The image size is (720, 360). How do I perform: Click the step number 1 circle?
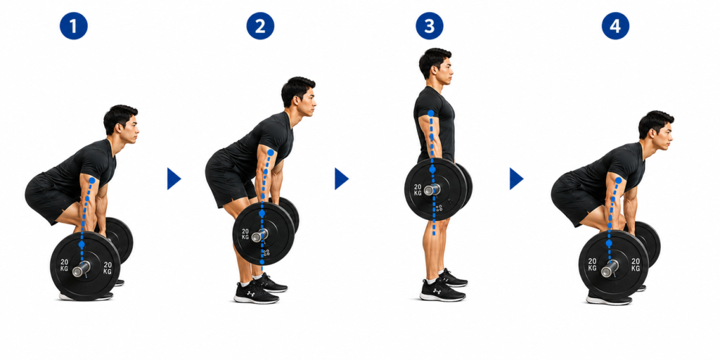[73, 26]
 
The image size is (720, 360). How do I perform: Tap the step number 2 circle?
[260, 26]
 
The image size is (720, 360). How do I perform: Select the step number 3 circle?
[430, 26]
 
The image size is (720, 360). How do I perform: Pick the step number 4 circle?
[615, 26]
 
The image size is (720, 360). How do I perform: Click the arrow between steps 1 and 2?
[173, 179]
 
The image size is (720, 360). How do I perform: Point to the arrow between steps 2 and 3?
[341, 179]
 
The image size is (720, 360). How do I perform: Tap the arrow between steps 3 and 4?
[515, 179]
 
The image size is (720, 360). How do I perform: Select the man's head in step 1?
[121, 124]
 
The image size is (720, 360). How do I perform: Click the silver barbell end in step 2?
[259, 236]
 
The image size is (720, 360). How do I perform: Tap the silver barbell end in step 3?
[431, 189]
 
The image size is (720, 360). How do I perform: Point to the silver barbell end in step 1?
[82, 269]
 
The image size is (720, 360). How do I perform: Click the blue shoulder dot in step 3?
[431, 113]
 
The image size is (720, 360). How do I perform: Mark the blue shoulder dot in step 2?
[271, 153]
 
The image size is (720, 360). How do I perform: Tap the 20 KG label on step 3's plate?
[418, 191]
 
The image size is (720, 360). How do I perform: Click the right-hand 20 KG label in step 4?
[636, 265]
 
